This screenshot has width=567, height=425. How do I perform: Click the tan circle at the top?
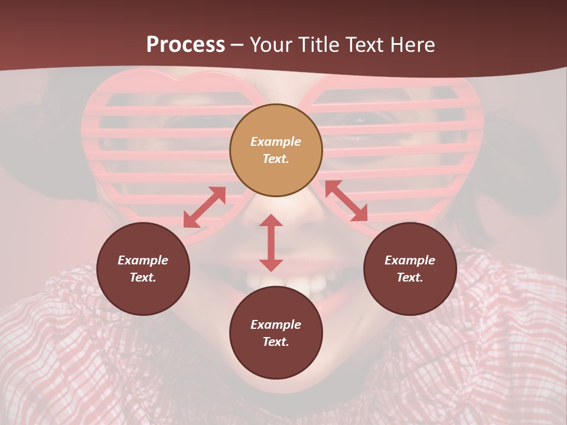click(x=276, y=150)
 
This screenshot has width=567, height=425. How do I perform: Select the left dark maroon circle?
click(x=143, y=269)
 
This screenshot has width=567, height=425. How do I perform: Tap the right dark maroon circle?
click(x=410, y=269)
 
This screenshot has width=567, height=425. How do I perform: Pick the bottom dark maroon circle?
click(x=276, y=332)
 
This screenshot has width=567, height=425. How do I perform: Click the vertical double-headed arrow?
click(x=271, y=243)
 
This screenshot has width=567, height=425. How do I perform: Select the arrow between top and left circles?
click(x=204, y=207)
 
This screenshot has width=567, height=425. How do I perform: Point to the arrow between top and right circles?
click(x=346, y=201)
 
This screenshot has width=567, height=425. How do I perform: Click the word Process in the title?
click(x=185, y=45)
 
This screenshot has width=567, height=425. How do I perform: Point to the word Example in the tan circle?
click(x=276, y=142)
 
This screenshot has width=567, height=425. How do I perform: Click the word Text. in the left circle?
click(x=143, y=277)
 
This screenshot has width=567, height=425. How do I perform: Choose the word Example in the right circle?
click(x=410, y=260)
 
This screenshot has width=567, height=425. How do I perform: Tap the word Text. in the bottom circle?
click(x=276, y=342)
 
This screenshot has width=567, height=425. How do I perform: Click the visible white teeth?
click(x=295, y=282)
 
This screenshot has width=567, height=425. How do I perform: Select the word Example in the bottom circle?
click(x=276, y=325)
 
